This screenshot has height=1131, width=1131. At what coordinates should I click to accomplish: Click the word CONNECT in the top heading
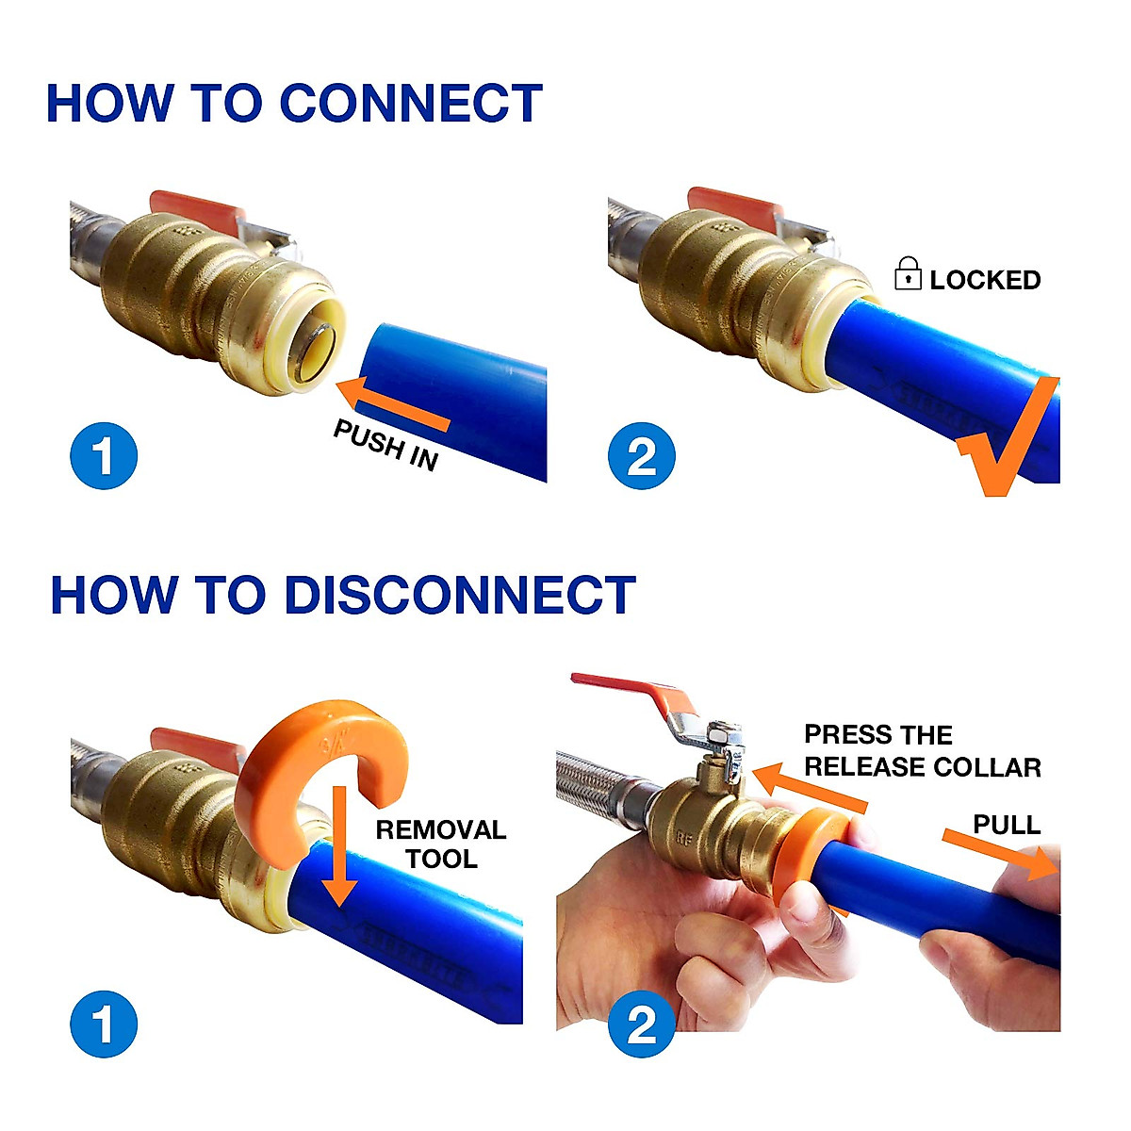[411, 104]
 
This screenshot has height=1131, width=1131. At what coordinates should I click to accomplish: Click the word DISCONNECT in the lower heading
[459, 596]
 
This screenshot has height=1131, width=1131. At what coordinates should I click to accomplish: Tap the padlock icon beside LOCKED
[908, 273]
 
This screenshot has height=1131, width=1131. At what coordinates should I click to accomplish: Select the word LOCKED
[985, 280]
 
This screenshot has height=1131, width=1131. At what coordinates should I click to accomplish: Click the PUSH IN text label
[385, 446]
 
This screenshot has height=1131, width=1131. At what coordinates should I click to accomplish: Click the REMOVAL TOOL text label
[440, 844]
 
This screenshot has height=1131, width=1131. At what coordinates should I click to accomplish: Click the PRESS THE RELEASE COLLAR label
[922, 751]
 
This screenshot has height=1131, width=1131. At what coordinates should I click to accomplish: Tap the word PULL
[1007, 826]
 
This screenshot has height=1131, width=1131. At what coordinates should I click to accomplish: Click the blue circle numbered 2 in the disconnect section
[642, 1024]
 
